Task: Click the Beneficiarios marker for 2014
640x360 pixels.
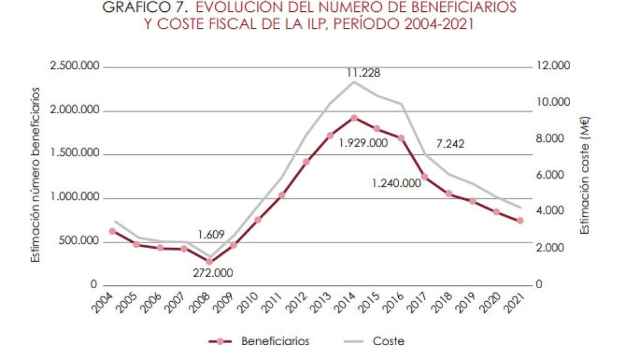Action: pyautogui.click(x=354, y=118)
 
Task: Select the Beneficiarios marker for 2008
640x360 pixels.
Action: pyautogui.click(x=209, y=262)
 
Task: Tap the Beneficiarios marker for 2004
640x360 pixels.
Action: pyautogui.click(x=112, y=231)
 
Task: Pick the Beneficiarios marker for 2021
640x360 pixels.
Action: pyautogui.click(x=520, y=221)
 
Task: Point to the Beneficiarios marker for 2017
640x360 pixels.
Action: pyautogui.click(x=424, y=177)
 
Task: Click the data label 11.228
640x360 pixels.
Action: pyautogui.click(x=363, y=73)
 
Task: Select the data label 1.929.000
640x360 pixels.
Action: pyautogui.click(x=363, y=143)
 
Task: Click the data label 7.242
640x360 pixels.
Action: pyautogui.click(x=450, y=144)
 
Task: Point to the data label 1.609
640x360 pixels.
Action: pyautogui.click(x=211, y=235)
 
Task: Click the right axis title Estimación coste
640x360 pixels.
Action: pyautogui.click(x=585, y=175)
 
